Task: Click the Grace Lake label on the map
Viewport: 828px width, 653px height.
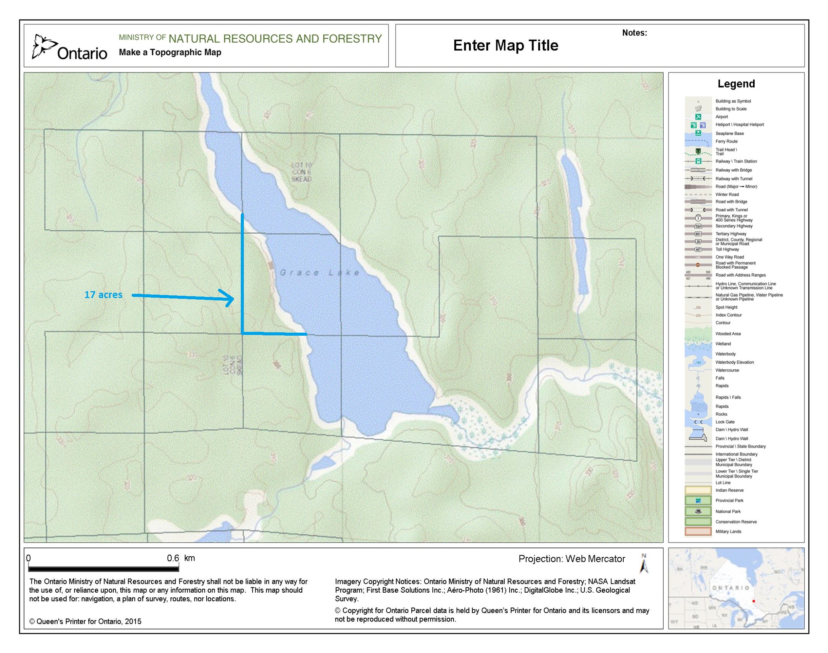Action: [320, 273]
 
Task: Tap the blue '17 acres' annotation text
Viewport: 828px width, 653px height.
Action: [103, 295]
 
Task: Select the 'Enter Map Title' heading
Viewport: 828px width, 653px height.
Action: [505, 45]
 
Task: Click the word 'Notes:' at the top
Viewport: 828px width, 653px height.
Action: [634, 33]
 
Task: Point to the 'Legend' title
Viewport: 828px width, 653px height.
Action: [736, 84]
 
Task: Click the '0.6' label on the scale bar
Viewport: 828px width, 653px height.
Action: [173, 558]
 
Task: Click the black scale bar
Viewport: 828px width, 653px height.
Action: [98, 568]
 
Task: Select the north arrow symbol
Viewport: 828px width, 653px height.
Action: [644, 564]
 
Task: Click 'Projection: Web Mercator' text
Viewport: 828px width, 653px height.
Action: [571, 559]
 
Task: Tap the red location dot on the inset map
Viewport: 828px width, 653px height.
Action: [753, 601]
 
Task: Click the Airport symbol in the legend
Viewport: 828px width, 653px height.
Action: [698, 117]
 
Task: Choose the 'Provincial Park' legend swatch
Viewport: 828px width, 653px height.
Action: [698, 501]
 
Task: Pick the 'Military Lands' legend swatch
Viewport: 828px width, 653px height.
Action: [698, 532]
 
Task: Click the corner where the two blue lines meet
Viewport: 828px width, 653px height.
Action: [242, 333]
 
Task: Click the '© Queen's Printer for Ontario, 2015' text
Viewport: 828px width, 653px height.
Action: [85, 622]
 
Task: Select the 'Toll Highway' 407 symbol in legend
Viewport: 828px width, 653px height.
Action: [698, 249]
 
